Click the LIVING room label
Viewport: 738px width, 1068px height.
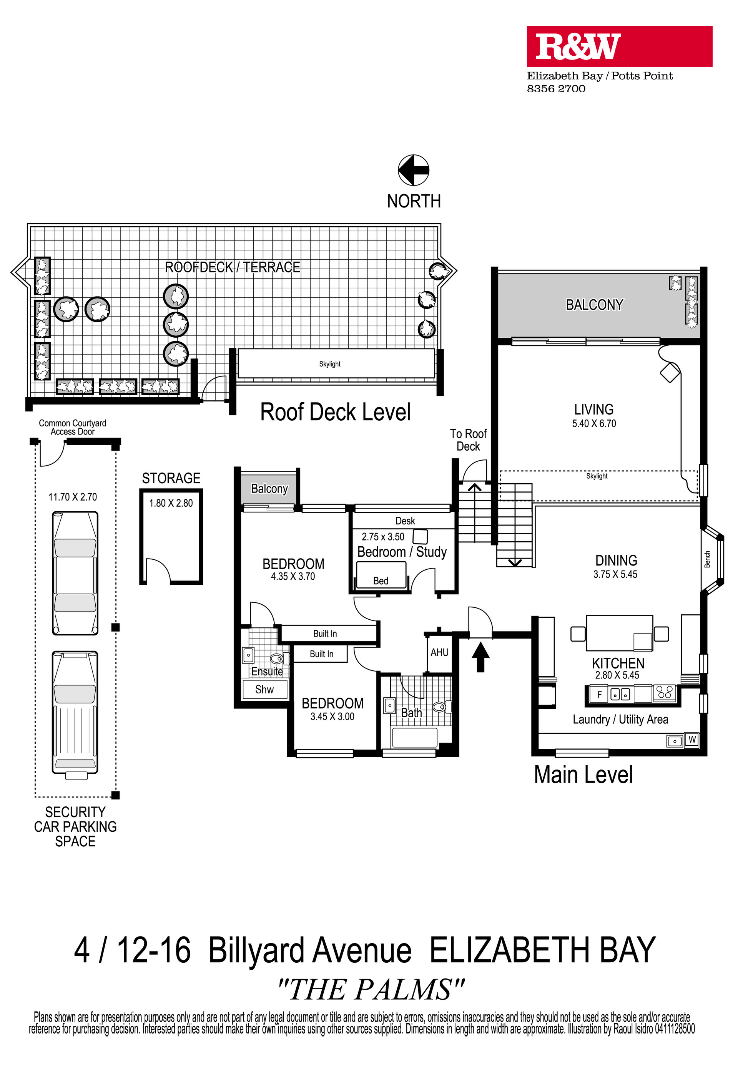594,410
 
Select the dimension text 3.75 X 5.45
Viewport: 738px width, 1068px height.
615,574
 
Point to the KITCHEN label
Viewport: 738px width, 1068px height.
618,663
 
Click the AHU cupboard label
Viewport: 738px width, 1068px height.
439,653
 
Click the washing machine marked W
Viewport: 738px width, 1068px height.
692,740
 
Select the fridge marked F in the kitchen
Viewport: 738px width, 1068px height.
599,695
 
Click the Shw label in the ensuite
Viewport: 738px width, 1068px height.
264,690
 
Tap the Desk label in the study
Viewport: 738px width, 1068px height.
405,521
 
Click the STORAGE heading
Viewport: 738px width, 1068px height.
171,478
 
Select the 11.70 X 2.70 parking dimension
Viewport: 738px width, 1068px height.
73,497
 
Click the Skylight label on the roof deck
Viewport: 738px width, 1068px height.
330,364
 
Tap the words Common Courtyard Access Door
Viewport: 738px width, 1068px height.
73,428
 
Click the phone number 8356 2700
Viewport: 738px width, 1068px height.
556,89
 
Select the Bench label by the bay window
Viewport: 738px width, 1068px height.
707,559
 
